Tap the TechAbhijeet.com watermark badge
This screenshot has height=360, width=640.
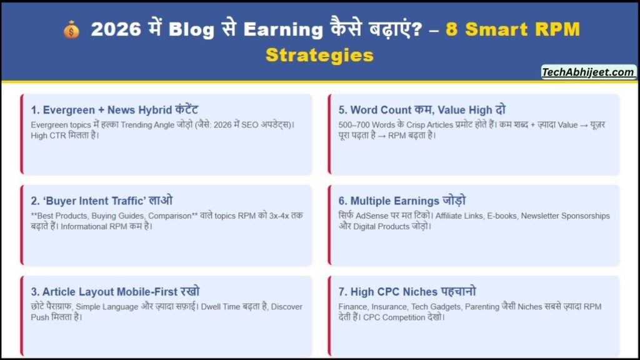(588, 72)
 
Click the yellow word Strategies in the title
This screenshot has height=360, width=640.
(319, 54)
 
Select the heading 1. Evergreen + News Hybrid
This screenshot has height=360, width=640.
(115, 110)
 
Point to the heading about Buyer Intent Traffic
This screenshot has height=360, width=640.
(102, 201)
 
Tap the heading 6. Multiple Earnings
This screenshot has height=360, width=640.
(402, 201)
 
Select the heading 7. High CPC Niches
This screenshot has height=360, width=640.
(407, 292)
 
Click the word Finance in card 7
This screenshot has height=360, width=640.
(354, 307)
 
